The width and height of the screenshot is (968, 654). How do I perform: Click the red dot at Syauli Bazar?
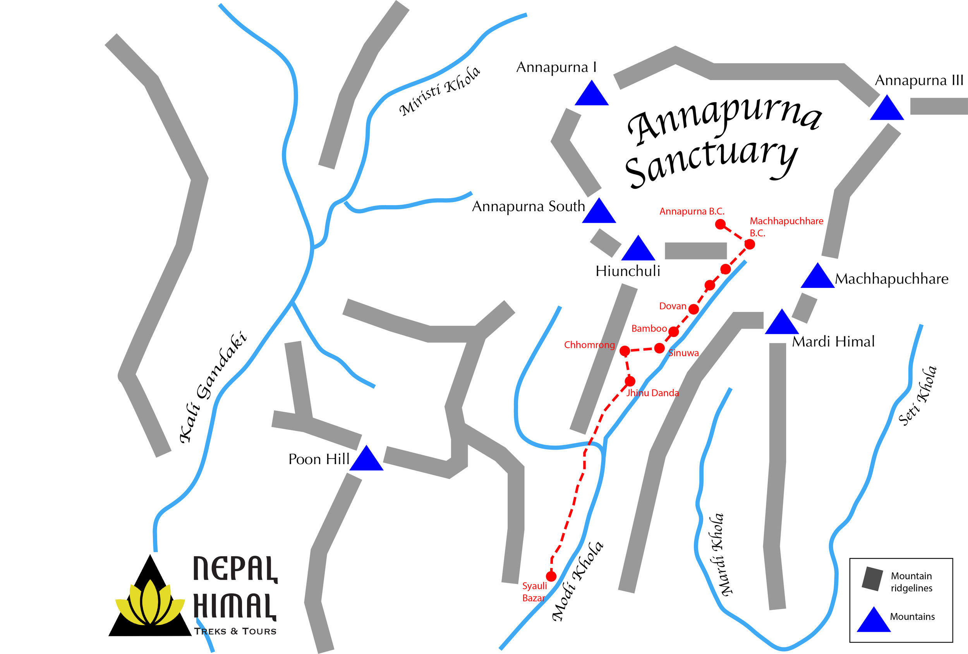(x=551, y=576)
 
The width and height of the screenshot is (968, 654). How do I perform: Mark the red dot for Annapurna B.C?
(x=721, y=224)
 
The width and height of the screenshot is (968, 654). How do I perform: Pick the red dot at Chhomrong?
(x=625, y=351)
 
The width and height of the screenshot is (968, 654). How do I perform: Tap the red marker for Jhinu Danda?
(x=630, y=381)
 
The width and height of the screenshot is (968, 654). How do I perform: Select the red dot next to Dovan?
(x=693, y=309)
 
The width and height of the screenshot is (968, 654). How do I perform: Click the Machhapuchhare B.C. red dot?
(x=749, y=244)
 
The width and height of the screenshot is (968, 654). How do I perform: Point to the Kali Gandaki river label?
(x=213, y=387)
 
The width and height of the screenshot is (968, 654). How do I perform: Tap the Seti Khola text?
(x=917, y=396)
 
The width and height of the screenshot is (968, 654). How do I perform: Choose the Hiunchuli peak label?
(x=628, y=271)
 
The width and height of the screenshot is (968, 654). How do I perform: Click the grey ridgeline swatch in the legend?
(x=872, y=579)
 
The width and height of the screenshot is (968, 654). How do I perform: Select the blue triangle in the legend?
(x=874, y=621)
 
